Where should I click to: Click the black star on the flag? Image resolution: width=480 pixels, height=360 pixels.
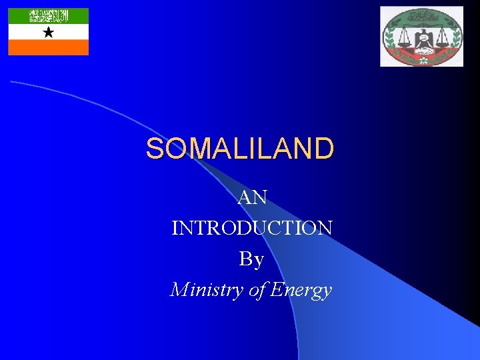tap(48, 32)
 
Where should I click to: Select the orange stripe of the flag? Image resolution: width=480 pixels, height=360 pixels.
tap(48, 47)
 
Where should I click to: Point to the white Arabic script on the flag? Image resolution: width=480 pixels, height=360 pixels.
tap(48, 15)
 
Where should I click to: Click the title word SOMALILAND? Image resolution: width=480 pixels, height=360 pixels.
tap(239, 149)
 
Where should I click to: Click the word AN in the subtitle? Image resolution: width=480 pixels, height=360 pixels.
tap(253, 197)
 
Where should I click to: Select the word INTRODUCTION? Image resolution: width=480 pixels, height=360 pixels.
tap(252, 228)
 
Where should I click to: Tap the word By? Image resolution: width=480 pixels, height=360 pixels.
tap(251, 259)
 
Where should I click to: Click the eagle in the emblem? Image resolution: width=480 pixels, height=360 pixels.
tap(421, 38)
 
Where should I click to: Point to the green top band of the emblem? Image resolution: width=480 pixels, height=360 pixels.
tap(421, 13)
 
